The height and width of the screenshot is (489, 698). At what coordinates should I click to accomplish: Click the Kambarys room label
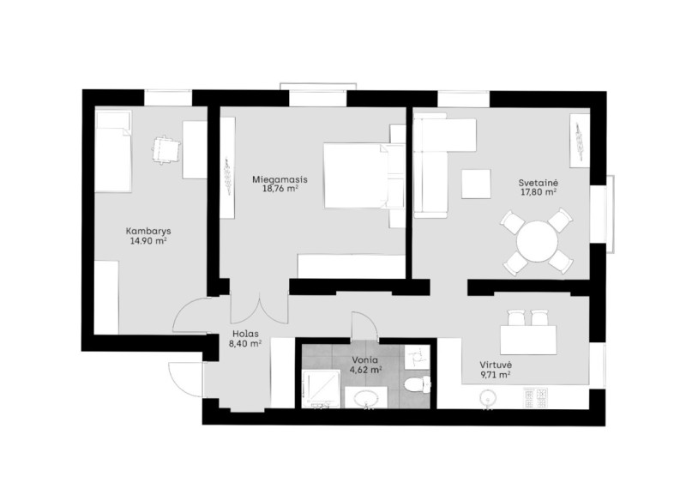click(148, 231)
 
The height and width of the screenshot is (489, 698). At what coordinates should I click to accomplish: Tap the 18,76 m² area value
click(280, 189)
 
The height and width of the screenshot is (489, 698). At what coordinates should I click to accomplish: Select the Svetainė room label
click(539, 183)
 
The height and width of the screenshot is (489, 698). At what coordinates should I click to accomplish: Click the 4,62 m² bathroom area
click(365, 369)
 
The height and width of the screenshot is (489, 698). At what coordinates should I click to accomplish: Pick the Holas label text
click(245, 333)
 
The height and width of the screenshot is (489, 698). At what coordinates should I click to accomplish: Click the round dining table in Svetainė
click(537, 242)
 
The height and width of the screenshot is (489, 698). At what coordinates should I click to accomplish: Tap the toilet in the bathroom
click(416, 383)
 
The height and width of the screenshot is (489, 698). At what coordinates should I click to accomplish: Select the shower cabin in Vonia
click(321, 389)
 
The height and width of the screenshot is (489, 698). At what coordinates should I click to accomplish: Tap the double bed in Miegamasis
click(356, 176)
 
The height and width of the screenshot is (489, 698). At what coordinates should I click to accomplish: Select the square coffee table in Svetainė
click(476, 184)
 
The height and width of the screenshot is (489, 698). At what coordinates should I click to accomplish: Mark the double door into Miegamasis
click(260, 308)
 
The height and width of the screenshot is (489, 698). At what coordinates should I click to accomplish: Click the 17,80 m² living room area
click(539, 192)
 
